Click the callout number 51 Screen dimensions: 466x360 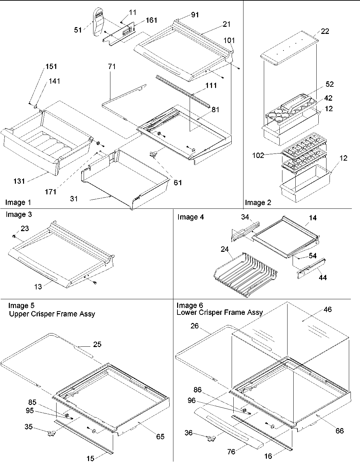[x=78, y=30]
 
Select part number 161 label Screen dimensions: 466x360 [x=151, y=20]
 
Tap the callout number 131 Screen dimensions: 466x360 [x=19, y=181]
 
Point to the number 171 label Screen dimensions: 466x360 [x=50, y=192]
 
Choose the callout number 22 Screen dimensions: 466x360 [x=325, y=31]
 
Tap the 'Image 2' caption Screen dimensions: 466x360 [x=258, y=203]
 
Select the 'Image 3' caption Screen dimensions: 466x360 [x=19, y=215]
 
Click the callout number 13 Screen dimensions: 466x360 [x=38, y=287]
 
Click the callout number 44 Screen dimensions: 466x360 [x=323, y=278]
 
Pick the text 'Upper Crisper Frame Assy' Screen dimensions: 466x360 [x=52, y=314]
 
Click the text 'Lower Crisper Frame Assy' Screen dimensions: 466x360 [x=219, y=312]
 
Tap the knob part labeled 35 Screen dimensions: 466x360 [x=51, y=432]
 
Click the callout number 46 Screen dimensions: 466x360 [x=327, y=309]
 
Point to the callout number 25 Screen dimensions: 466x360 [x=97, y=344]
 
